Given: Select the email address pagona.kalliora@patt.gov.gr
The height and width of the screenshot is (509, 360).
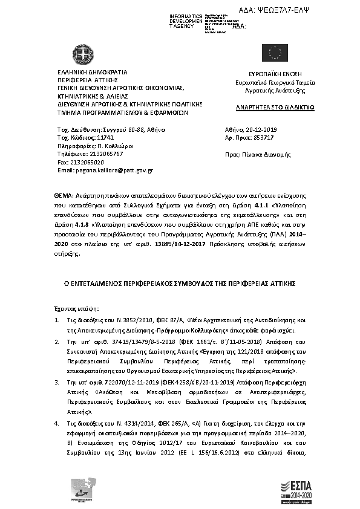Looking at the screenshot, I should coord(105,171).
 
